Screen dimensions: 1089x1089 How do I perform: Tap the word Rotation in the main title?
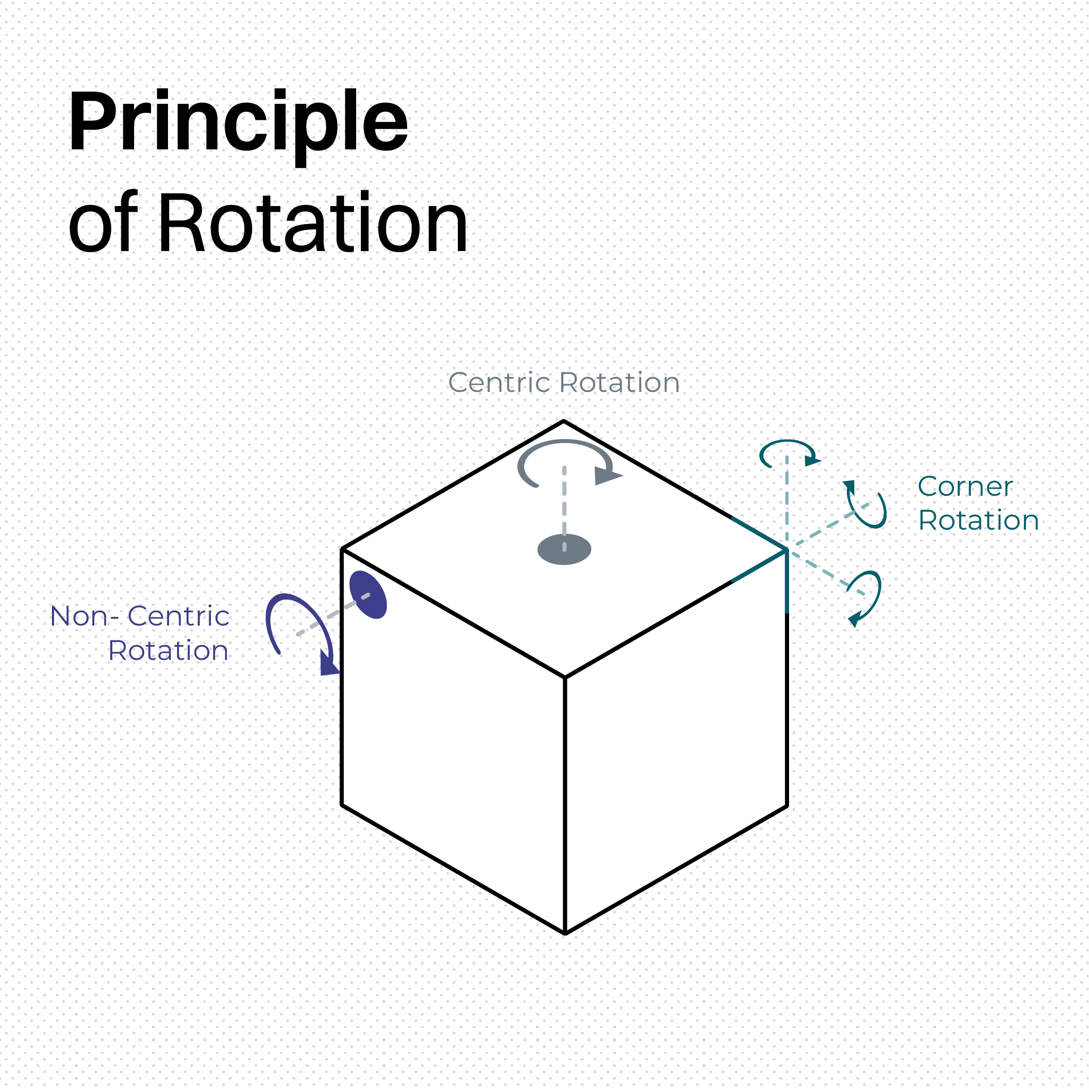point(313,223)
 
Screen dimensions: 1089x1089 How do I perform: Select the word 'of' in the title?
point(103,223)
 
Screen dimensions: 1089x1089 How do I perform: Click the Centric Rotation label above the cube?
point(563,383)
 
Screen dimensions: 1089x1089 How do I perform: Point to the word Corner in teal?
point(965,487)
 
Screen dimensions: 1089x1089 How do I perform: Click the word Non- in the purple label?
point(85,616)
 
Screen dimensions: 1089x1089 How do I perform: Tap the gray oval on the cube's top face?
point(564,549)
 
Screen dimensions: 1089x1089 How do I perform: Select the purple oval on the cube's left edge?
point(368,595)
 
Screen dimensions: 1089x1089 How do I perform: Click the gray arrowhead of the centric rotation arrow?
point(607,476)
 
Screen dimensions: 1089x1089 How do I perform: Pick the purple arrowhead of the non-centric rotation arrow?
point(328,664)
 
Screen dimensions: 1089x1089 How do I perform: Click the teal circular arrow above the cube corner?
point(788,453)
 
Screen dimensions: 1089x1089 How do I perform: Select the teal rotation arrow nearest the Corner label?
point(867,506)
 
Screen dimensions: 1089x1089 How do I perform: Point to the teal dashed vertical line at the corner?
point(787,502)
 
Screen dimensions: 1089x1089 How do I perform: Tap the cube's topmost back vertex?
point(563,421)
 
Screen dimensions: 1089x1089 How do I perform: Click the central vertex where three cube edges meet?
point(565,677)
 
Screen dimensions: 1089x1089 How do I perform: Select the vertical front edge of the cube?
point(565,806)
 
